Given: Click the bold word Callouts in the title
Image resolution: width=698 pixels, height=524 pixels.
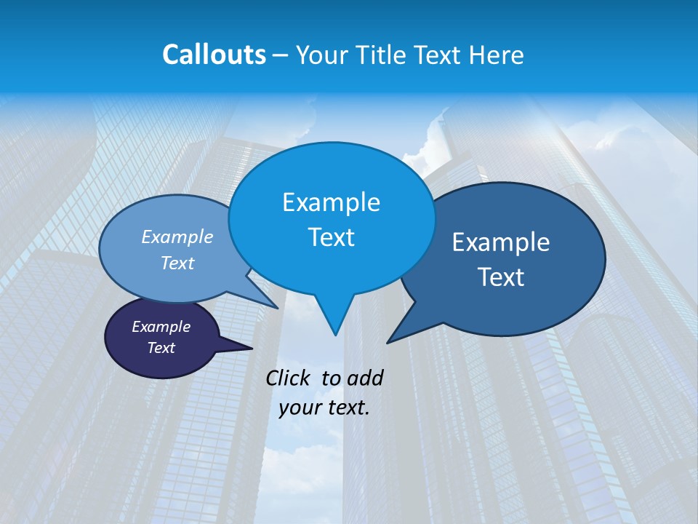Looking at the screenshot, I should [214, 55].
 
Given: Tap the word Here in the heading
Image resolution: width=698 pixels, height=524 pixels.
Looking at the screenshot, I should [497, 55].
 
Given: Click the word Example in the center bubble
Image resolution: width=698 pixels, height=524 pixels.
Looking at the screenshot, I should [331, 202].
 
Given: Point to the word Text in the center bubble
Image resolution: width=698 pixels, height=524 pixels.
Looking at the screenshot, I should [331, 237].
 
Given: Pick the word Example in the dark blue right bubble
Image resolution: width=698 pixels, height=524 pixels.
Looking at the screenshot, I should [501, 242].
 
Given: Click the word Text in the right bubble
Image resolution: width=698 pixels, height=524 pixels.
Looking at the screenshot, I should [501, 277].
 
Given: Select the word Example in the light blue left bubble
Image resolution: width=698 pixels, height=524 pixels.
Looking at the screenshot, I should [177, 237].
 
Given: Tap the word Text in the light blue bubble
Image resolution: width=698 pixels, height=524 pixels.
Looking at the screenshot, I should [177, 263].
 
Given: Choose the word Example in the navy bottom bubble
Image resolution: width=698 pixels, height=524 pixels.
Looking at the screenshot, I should [161, 327].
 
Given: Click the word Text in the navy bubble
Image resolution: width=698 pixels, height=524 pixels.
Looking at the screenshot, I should [161, 348].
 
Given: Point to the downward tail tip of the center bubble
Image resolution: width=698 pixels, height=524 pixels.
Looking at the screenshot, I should [334, 334].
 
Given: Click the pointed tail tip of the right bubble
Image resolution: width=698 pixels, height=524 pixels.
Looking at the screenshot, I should [388, 341].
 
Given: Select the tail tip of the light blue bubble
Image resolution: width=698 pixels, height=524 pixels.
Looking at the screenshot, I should [277, 308].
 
